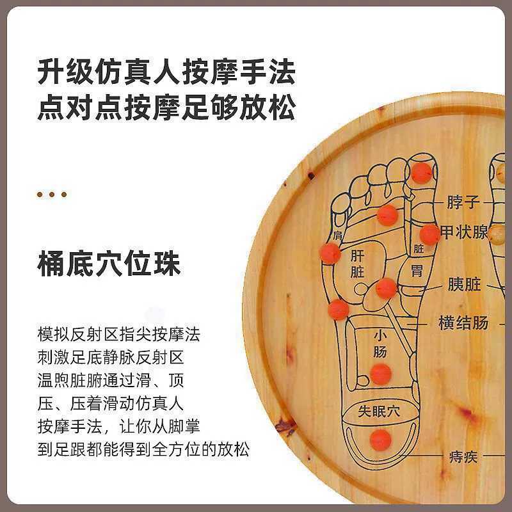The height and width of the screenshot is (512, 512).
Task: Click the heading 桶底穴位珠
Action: pos(109,264)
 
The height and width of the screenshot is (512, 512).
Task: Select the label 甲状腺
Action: pos(463,232)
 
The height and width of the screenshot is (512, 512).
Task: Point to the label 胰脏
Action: pos(464,284)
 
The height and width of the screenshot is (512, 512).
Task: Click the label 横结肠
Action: pos(463,323)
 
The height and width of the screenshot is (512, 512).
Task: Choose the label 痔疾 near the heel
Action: pos(463,456)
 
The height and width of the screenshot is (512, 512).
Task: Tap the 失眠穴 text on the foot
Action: pos(379,411)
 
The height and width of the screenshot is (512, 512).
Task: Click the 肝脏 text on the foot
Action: pos(357,264)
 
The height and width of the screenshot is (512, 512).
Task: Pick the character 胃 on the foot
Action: pos(417,270)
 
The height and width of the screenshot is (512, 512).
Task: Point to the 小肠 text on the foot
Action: pos(380,344)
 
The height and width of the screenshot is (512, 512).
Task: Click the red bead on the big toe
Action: pos(421,173)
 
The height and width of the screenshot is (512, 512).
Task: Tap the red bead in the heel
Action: pos(380,440)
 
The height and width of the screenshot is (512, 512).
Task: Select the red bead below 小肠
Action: pos(381,374)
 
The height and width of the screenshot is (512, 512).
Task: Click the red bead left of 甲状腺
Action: pos(429,234)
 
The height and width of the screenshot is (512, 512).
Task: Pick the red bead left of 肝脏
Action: pos(330,253)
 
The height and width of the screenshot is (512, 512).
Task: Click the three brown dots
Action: pos(52,195)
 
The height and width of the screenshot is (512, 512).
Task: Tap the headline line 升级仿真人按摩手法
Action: pos(166,71)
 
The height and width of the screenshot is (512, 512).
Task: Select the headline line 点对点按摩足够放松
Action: pos(166,107)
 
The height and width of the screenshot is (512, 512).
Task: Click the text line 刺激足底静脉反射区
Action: pos(111,358)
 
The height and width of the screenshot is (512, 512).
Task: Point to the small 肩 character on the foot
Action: pos(338,235)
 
